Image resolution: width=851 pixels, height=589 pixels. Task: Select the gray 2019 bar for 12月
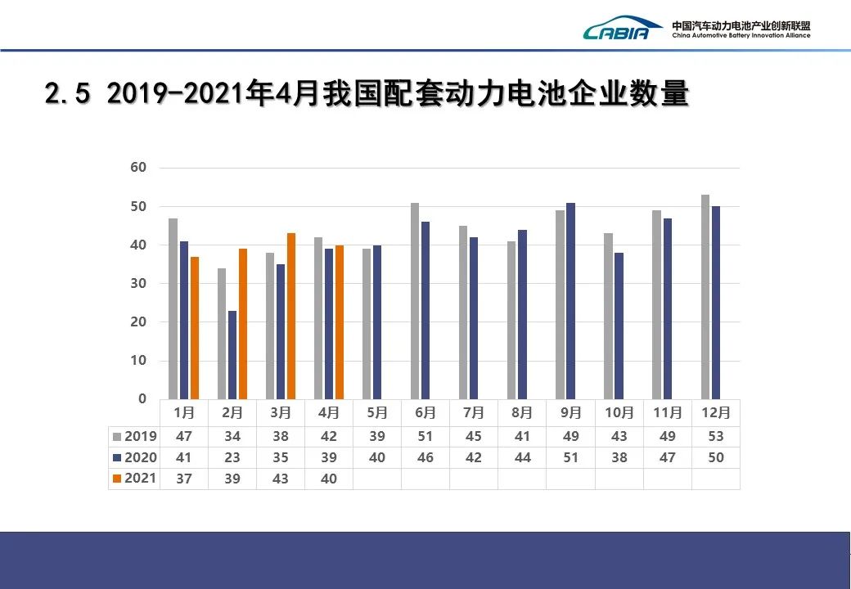pos(705,297)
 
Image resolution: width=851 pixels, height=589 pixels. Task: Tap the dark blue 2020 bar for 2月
pos(232,355)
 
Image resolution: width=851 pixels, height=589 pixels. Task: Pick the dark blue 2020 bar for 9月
pos(570,301)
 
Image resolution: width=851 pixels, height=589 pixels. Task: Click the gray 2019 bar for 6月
pos(415,301)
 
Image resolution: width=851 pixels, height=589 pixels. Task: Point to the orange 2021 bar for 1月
pos(195,327)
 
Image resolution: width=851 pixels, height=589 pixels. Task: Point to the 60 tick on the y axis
pos(138,168)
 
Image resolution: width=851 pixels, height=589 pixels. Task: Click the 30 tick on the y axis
pos(138,284)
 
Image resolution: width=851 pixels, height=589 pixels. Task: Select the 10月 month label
pos(619,412)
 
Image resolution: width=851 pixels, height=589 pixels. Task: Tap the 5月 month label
pos(376,412)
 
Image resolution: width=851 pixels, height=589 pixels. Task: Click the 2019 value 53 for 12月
pos(716,437)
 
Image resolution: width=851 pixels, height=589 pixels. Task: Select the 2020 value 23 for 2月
pos(232,458)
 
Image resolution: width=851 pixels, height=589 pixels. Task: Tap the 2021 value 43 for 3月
pos(281,479)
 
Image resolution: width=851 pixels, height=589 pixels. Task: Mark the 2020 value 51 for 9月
pos(570,458)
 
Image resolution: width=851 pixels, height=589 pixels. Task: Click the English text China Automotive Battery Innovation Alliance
pos(741,36)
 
